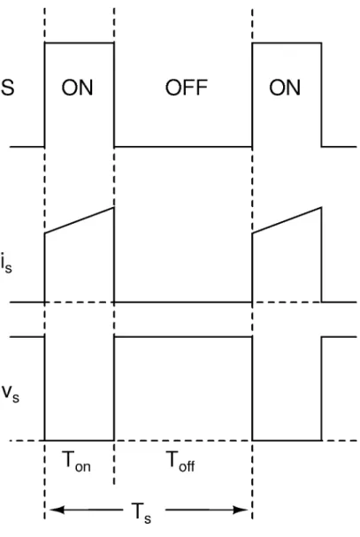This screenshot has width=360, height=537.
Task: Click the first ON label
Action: coord(77,88)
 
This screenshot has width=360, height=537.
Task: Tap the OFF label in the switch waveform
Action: coord(187,88)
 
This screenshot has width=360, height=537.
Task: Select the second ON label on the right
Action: coord(285,88)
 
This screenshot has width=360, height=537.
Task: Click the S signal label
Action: coord(8,87)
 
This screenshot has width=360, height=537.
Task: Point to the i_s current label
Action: coord(6,265)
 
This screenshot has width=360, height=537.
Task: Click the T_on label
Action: coord(76,461)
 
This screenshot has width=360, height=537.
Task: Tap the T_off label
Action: coord(181,461)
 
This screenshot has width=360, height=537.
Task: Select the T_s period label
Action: coord(142,513)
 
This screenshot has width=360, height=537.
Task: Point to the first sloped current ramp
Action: coord(79,220)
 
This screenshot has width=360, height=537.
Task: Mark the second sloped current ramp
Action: coord(287,220)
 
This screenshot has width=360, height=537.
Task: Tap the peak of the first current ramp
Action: coord(114,207)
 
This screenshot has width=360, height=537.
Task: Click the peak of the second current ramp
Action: coord(321,207)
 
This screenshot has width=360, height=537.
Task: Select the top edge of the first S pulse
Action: coord(79,42)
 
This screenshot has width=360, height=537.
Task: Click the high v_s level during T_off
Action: coord(183,337)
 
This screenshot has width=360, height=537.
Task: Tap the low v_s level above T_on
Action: coord(79,440)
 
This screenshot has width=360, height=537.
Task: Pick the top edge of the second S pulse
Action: coord(287,42)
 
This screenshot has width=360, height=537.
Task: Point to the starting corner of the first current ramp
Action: coord(45,234)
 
